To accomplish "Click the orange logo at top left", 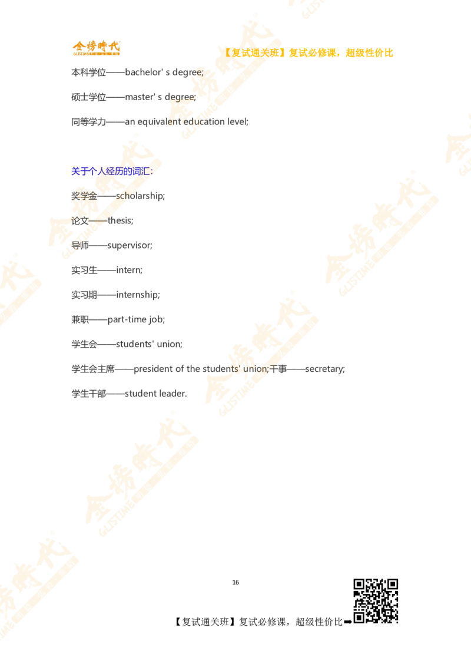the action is click(97, 48).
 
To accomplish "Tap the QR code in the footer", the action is click(376, 600).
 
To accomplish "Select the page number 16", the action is click(235, 582).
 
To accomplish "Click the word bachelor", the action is click(144, 72).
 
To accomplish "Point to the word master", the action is click(138, 97).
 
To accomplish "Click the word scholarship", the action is click(140, 196).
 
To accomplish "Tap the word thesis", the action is click(120, 220).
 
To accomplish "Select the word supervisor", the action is click(129, 246).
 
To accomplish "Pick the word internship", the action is click(137, 295).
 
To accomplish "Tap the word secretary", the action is click(324, 369).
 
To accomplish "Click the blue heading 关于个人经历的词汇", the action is click(111, 171).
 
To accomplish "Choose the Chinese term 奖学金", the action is click(84, 196).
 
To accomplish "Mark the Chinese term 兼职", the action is click(80, 319).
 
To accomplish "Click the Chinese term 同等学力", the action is click(88, 122).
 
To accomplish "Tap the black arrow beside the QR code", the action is click(348, 622).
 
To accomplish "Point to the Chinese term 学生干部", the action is click(88, 394).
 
